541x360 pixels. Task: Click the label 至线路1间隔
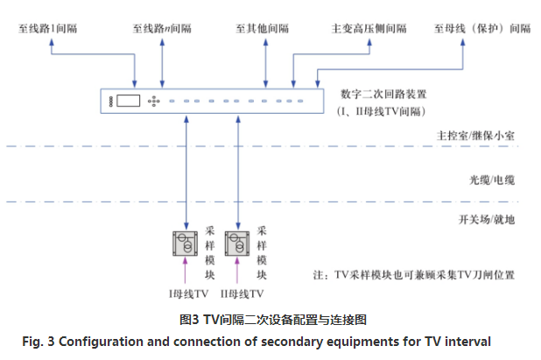pyautogui.click(x=50, y=28)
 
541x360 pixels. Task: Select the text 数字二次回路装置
pyautogui.click(x=377, y=94)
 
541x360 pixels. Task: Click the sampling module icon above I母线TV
pyautogui.click(x=186, y=244)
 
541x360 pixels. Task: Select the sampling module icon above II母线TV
pyautogui.click(x=237, y=244)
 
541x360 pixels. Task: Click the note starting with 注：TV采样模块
pyautogui.click(x=419, y=274)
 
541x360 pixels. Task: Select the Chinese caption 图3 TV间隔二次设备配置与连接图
pyautogui.click(x=271, y=319)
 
